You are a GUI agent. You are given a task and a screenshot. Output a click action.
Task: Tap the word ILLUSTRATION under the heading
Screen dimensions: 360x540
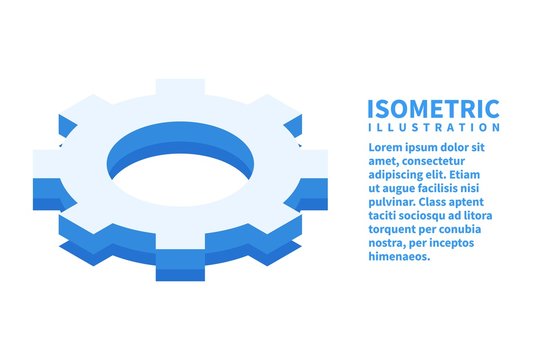[x=435, y=128]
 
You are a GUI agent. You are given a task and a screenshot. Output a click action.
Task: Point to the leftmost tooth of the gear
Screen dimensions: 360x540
[x=48, y=171]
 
